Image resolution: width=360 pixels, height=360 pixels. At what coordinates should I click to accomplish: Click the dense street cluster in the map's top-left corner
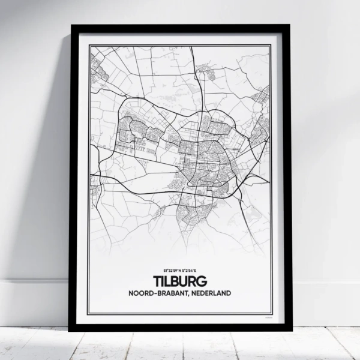[99, 66]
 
